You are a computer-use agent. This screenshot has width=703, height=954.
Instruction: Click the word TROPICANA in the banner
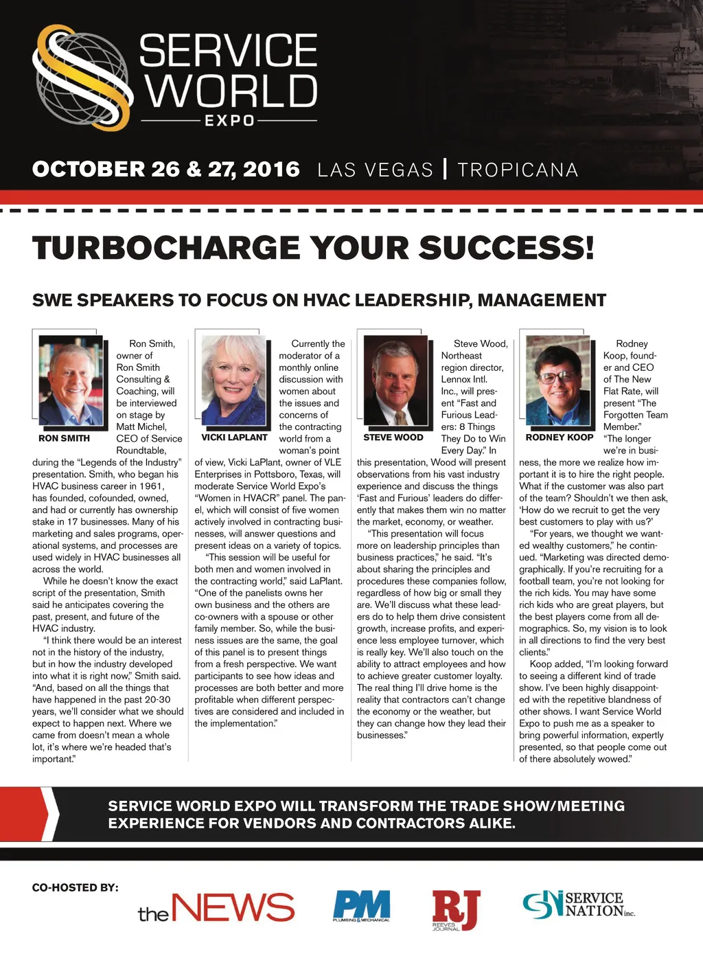tap(518, 170)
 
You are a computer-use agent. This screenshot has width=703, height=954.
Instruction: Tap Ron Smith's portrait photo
tap(70, 380)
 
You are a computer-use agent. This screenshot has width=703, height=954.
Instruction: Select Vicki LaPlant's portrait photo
tap(233, 379)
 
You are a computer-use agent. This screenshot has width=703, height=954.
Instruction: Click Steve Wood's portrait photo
tap(395, 380)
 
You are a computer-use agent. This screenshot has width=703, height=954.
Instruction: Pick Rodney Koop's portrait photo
tap(557, 380)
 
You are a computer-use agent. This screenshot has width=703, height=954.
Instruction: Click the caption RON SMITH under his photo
tap(65, 438)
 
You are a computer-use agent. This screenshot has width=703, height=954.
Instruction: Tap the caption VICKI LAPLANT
tap(234, 438)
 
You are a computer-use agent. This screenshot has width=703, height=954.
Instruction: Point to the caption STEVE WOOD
tap(393, 438)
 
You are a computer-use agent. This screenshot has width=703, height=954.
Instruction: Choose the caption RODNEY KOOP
tap(559, 438)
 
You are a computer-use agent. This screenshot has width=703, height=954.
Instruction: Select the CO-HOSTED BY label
tap(75, 887)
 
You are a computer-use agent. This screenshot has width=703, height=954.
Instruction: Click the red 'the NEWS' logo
tap(216, 909)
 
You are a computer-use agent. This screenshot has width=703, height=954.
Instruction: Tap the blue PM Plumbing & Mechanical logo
tap(362, 906)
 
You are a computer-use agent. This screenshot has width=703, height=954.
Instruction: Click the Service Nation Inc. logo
tap(578, 905)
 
